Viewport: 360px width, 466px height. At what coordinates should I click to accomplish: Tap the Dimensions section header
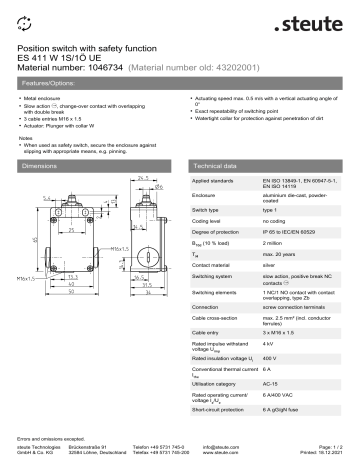tap(46, 162)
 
